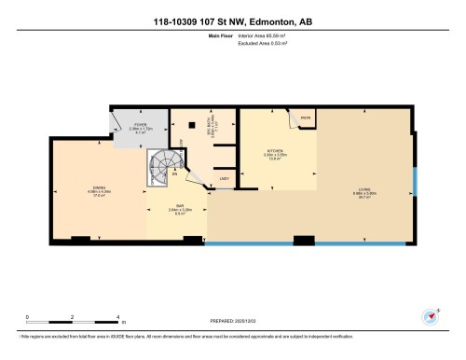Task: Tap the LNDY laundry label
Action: tap(224, 177)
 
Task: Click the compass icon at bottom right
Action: tap(431, 315)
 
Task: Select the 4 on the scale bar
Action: tap(117, 317)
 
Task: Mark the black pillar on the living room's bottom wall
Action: tap(304, 242)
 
